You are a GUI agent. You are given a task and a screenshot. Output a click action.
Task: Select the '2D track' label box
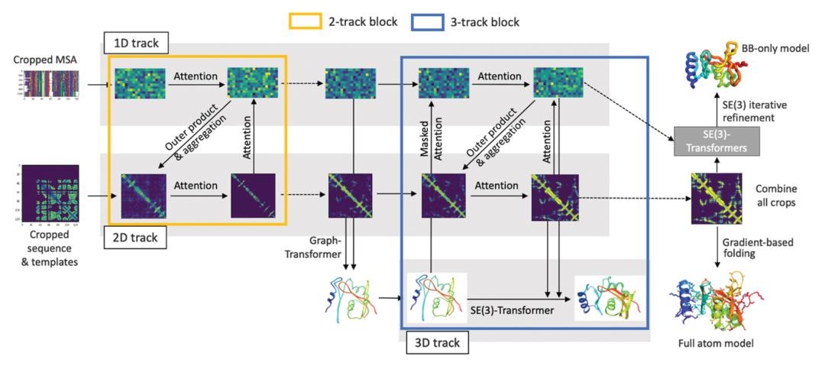[131, 238]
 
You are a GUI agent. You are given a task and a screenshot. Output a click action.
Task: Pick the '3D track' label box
[433, 343]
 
